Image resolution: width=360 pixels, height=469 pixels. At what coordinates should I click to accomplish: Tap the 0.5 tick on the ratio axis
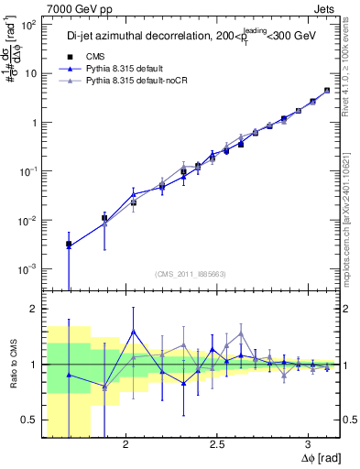pos(30,420)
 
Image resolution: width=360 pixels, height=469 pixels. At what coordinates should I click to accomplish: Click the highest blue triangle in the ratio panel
pos(134,332)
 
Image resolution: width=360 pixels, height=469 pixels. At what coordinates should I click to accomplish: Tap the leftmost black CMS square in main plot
pos(69,245)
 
